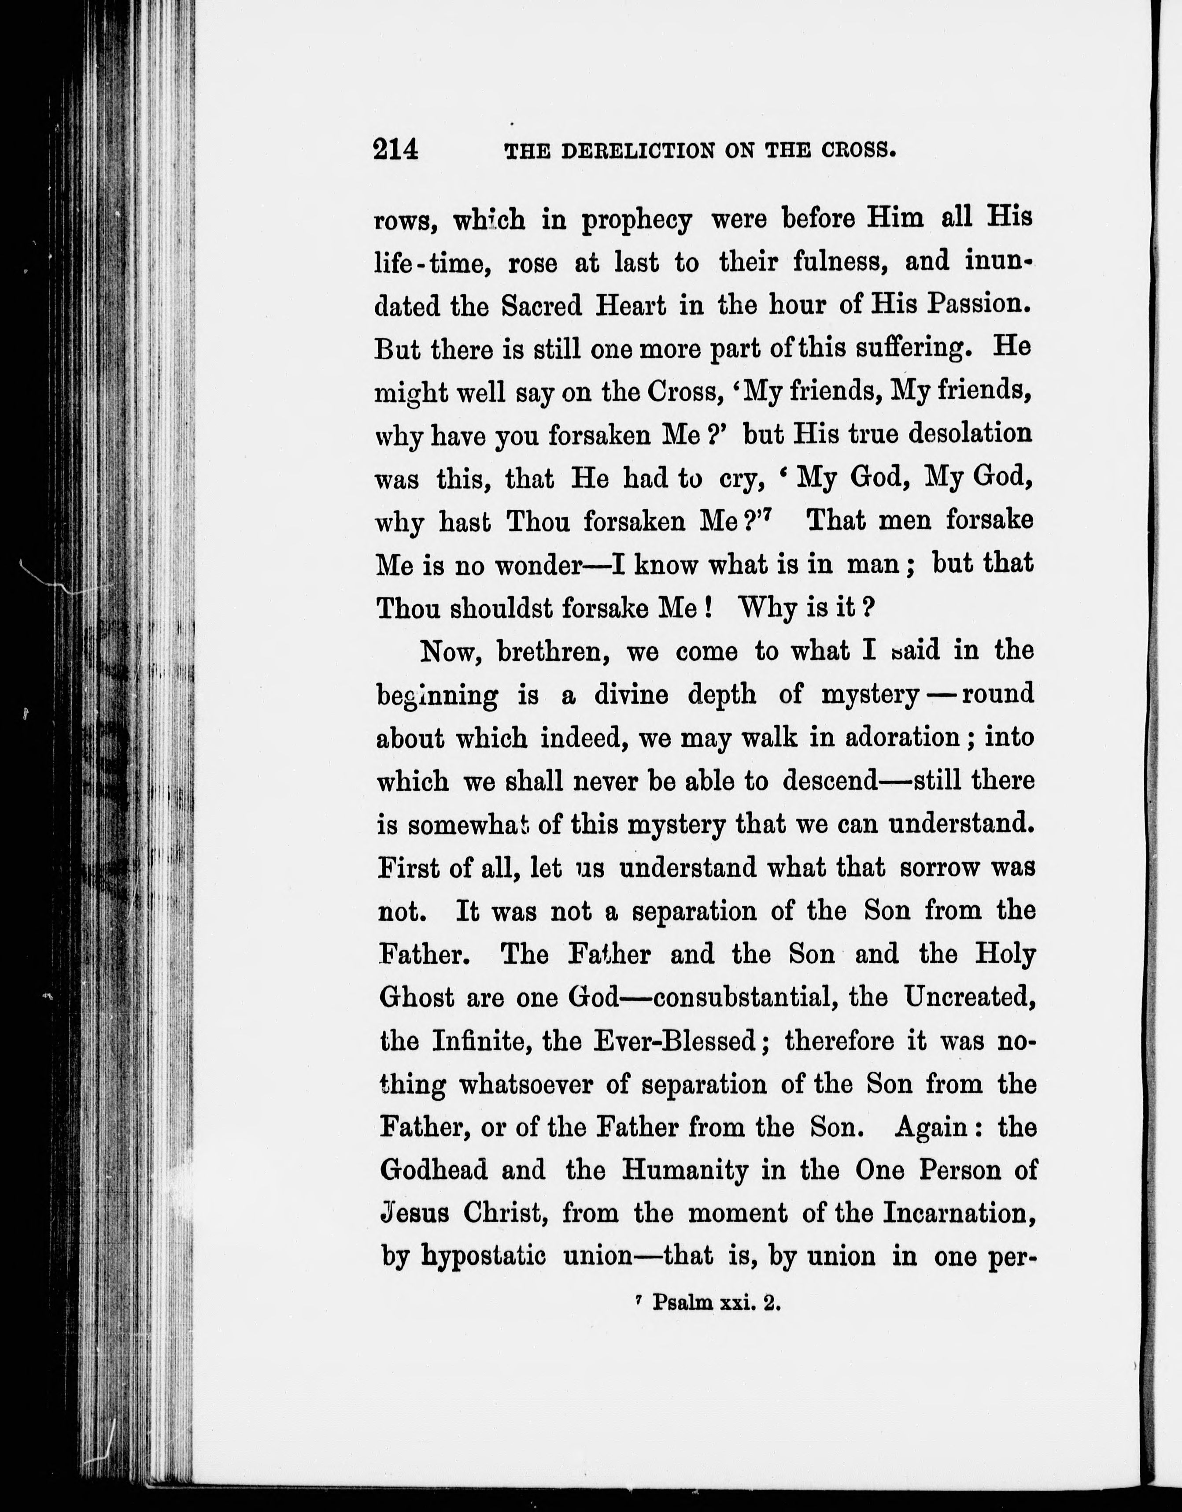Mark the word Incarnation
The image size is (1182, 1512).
pos(962,1214)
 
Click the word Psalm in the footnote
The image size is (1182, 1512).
pos(682,1304)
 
